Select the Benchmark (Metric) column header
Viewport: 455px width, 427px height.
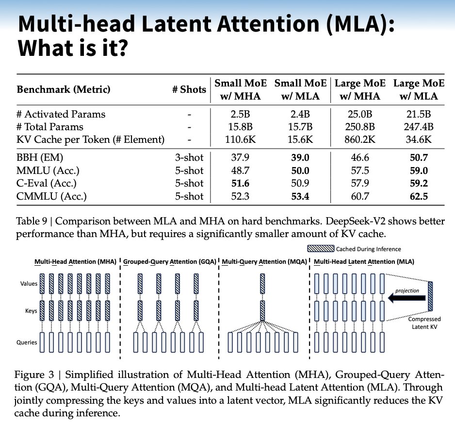pyautogui.click(x=64, y=89)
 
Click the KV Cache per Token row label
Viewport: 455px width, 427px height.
pyautogui.click(x=90, y=140)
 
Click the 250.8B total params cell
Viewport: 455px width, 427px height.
pyautogui.click(x=360, y=127)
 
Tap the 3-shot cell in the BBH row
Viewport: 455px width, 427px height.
pyautogui.click(x=189, y=158)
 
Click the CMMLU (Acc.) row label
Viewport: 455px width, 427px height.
pyautogui.click(x=52, y=196)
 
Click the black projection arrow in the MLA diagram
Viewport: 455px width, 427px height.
pyautogui.click(x=407, y=298)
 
